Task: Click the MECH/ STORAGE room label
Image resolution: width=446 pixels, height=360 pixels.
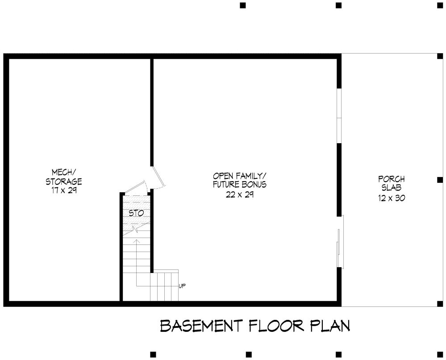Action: point(64,177)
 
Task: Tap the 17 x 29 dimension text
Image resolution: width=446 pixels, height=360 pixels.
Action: point(64,190)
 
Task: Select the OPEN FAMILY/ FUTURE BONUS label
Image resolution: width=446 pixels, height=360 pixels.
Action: point(240,180)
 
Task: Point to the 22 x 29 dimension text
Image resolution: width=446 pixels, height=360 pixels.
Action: point(240,194)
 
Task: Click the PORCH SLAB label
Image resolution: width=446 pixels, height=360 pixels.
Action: point(392,183)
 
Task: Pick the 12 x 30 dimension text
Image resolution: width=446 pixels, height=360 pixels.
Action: point(392,198)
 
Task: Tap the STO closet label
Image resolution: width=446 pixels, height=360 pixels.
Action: point(136,213)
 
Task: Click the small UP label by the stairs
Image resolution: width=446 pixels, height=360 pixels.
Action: point(182,286)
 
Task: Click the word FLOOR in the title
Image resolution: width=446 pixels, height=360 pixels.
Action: point(276,326)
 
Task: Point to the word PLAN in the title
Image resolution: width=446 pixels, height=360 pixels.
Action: point(330,326)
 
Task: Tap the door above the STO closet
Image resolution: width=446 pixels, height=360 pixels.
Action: point(135,187)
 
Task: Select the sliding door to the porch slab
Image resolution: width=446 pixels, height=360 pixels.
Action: point(340,241)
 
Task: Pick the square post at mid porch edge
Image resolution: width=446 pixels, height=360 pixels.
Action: point(440,180)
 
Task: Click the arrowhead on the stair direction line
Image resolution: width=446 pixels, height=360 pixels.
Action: point(137,241)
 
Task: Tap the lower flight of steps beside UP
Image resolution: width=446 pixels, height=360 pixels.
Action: point(164,286)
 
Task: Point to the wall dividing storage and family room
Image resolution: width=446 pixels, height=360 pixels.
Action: point(152,112)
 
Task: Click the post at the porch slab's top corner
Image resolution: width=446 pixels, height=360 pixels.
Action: point(440,56)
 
